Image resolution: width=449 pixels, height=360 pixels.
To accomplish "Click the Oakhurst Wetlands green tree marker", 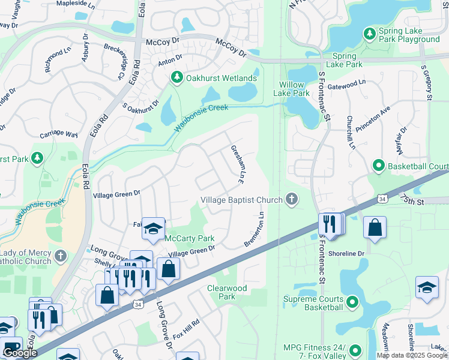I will pyautogui.click(x=177, y=78).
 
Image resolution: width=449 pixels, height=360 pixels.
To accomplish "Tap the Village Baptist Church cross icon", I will pyautogui.click(x=292, y=200).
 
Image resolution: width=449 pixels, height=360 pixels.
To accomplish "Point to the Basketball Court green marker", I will pyautogui.click(x=379, y=165).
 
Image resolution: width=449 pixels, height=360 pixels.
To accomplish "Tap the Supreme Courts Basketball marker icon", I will pyautogui.click(x=353, y=302).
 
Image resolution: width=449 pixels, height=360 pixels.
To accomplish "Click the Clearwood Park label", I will pyautogui.click(x=227, y=292).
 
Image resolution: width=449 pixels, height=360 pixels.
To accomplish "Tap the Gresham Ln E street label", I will pyautogui.click(x=238, y=164).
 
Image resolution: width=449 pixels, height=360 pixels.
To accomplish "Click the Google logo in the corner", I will pyautogui.click(x=20, y=353).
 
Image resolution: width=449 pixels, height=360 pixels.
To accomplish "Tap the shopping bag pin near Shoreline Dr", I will pyautogui.click(x=375, y=227).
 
